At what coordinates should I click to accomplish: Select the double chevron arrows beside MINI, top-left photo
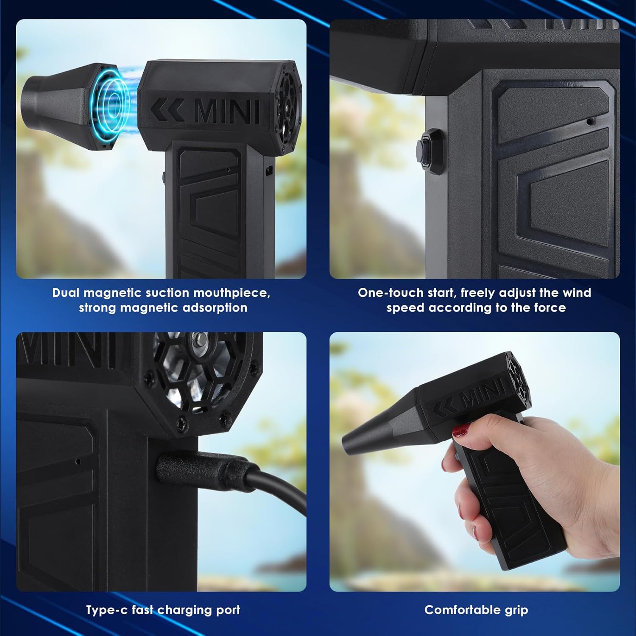coord(167,111)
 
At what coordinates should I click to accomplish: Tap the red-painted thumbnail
coord(460,432)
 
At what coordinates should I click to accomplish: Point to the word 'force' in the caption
coord(550,308)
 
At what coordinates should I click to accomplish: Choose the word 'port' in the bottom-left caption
coord(229,611)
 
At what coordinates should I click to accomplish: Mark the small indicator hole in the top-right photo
coord(589,122)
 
